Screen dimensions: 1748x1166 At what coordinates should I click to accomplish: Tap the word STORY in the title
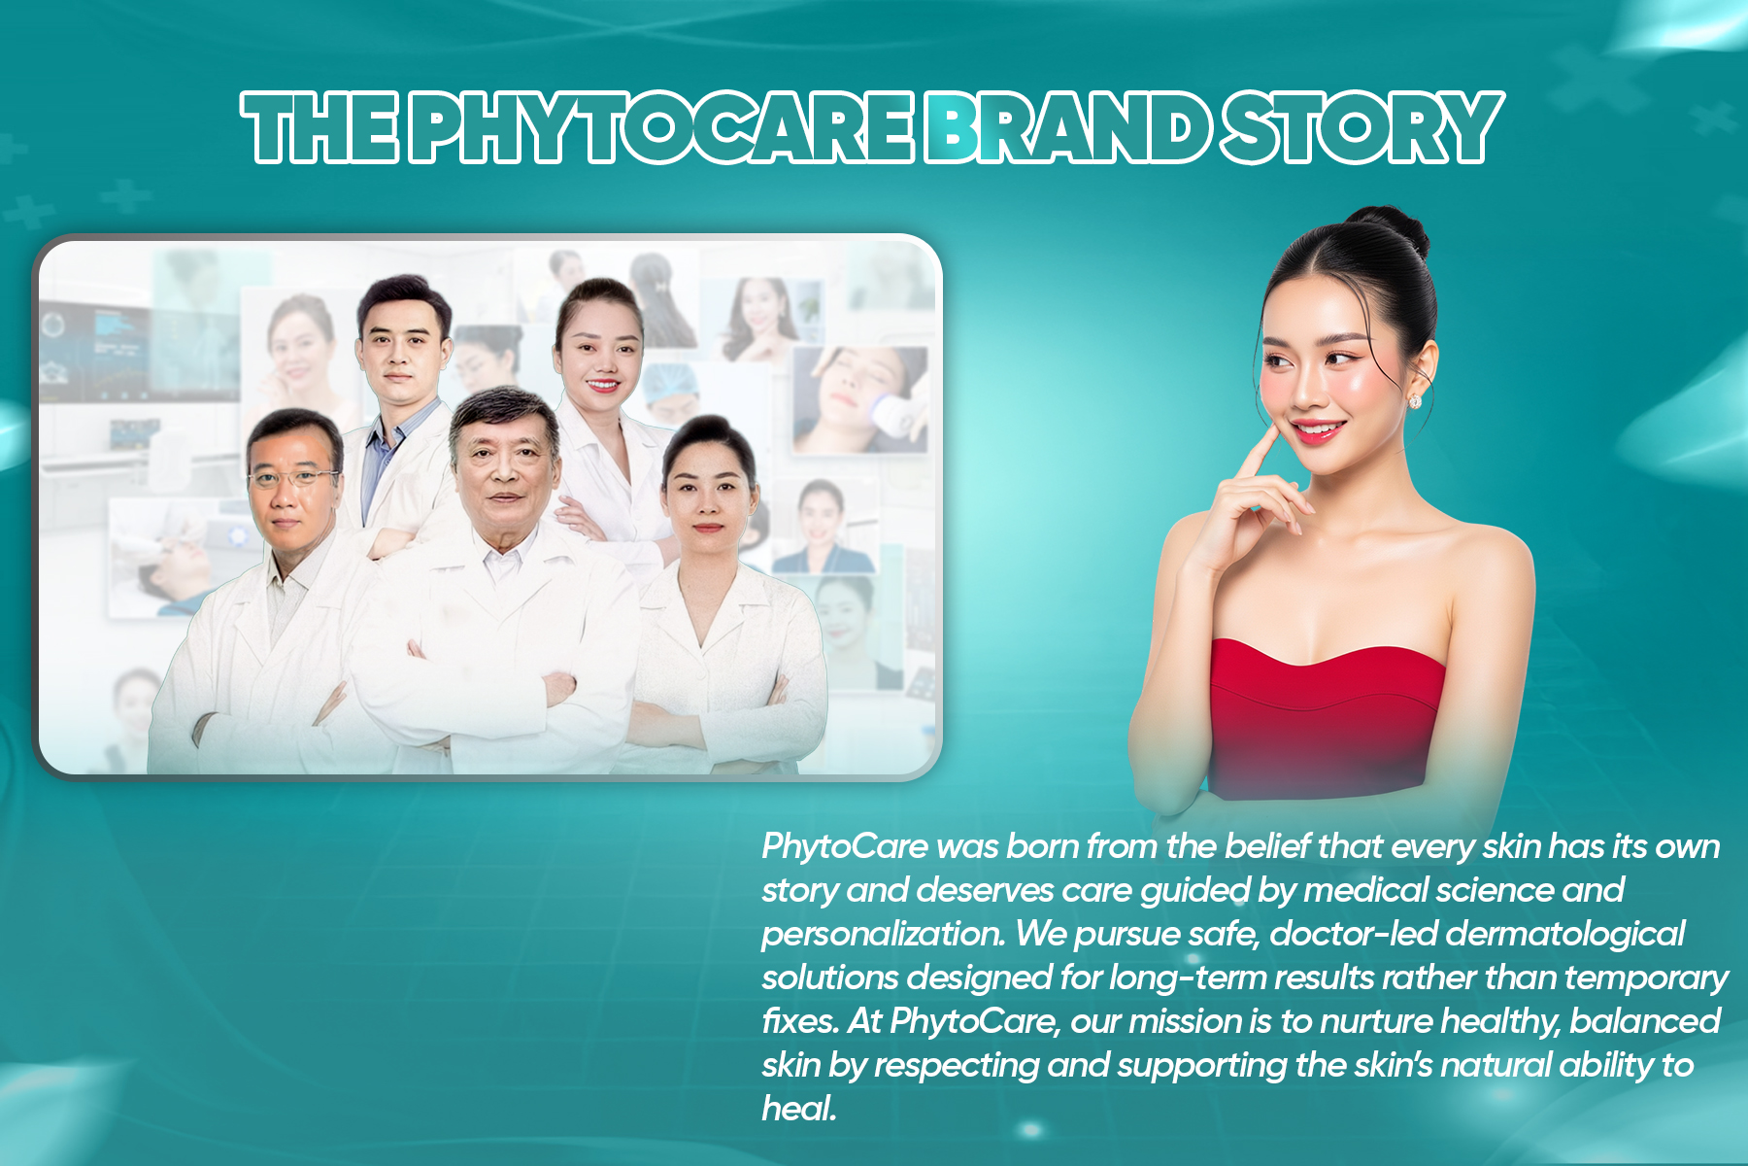click(x=1362, y=128)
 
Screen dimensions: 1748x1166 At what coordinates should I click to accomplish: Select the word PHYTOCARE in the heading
click(x=660, y=128)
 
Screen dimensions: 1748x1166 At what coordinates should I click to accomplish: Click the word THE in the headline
click(x=320, y=128)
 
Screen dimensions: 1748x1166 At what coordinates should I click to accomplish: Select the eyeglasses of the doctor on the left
click(x=292, y=477)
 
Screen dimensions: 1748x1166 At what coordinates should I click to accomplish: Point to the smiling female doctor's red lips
click(x=602, y=386)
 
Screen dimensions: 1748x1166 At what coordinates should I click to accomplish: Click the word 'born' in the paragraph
click(x=1042, y=846)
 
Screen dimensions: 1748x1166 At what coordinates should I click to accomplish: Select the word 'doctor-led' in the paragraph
click(x=1353, y=934)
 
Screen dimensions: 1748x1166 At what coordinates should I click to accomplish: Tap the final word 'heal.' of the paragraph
click(x=798, y=1109)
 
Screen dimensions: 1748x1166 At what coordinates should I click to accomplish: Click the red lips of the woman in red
click(x=1319, y=430)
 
